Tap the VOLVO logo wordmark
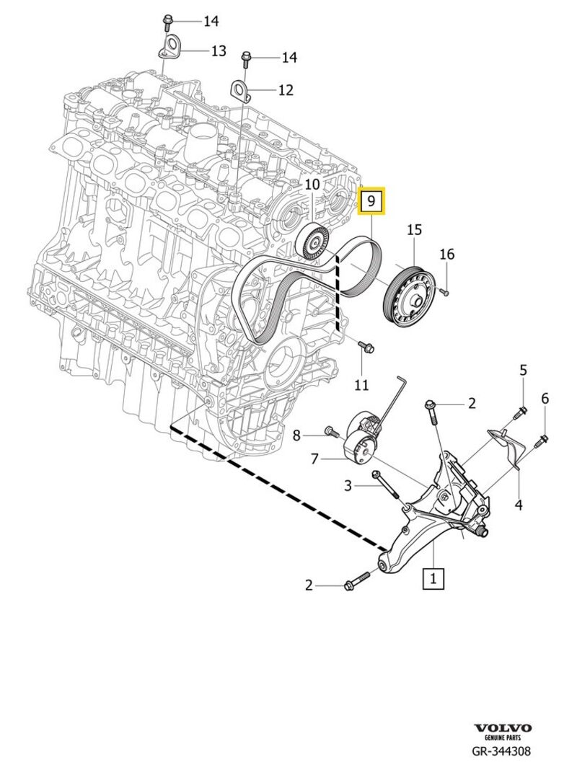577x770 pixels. click(x=503, y=729)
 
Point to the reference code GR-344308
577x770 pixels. click(x=502, y=751)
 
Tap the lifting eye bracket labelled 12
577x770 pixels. click(x=239, y=91)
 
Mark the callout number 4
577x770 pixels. click(x=518, y=505)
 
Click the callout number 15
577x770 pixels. click(x=413, y=230)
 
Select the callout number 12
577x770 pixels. click(x=286, y=90)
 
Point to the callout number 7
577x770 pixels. click(x=315, y=458)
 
